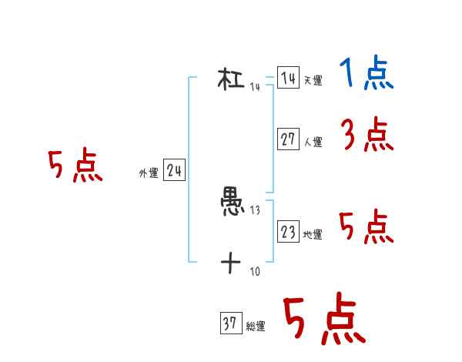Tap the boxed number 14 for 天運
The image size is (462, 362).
(288, 78)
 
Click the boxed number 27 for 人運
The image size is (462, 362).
(288, 139)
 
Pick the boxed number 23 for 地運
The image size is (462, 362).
(288, 232)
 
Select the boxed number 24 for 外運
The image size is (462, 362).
(174, 171)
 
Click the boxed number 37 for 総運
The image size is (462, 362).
(230, 324)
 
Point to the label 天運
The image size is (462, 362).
(313, 81)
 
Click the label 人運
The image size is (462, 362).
(313, 142)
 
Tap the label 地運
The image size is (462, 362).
(313, 235)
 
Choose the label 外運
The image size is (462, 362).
(149, 174)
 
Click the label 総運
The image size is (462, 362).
(255, 327)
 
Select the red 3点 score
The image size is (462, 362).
(367, 136)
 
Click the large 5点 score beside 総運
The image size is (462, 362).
(323, 320)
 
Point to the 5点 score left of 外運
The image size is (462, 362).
(75, 166)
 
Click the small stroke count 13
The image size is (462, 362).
(255, 211)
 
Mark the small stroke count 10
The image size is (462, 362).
(255, 272)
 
